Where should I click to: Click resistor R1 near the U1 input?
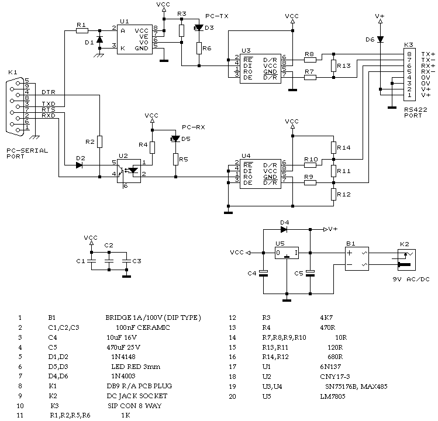(x=82, y=31)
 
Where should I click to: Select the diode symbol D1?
(x=99, y=39)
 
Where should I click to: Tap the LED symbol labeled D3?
(x=199, y=27)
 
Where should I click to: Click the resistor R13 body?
(x=333, y=65)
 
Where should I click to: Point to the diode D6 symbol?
(x=380, y=39)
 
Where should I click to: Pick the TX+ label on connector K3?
(x=428, y=54)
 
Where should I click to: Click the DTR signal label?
(x=49, y=92)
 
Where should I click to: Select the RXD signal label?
(x=49, y=115)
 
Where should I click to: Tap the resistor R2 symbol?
(x=99, y=142)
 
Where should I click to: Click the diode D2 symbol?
(x=79, y=165)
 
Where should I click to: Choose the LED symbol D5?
(x=175, y=139)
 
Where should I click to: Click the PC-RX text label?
(x=194, y=127)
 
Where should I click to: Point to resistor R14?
(x=333, y=147)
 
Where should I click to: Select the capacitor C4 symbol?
(x=263, y=273)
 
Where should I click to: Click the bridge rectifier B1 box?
(x=357, y=258)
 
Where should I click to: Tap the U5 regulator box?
(x=287, y=253)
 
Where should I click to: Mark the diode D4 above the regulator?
(x=284, y=229)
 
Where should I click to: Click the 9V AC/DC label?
(x=411, y=279)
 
